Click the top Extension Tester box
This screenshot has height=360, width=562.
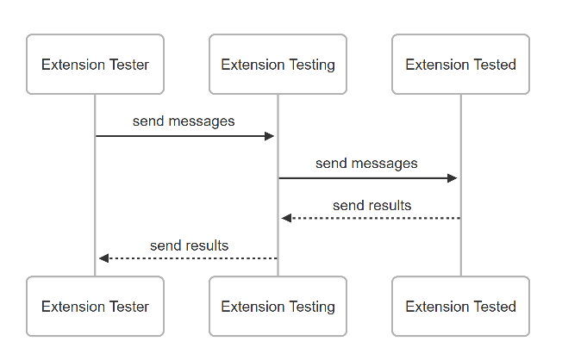tap(95, 65)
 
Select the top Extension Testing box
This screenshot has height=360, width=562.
tap(278, 65)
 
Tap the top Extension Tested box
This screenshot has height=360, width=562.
tap(460, 65)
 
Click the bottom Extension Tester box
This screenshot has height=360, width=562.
tap(95, 307)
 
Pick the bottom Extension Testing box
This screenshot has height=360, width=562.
tap(278, 307)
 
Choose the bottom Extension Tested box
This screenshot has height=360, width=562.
tap(460, 307)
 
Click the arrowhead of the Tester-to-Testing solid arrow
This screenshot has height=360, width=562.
tap(270, 136)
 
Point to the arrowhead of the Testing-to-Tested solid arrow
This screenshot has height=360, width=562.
tap(453, 178)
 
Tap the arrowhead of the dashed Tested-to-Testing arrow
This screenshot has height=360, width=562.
tap(286, 218)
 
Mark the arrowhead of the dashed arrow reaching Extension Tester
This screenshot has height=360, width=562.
tap(103, 258)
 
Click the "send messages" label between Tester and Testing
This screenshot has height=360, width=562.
tap(184, 121)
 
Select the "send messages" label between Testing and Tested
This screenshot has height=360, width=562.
tap(366, 164)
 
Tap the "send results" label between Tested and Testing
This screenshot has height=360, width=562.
tap(372, 206)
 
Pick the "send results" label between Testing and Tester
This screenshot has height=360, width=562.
tap(190, 245)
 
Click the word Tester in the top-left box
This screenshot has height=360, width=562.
tap(128, 65)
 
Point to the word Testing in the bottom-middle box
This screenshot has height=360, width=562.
tap(312, 307)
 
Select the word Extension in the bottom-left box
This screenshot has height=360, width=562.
tap(73, 307)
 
